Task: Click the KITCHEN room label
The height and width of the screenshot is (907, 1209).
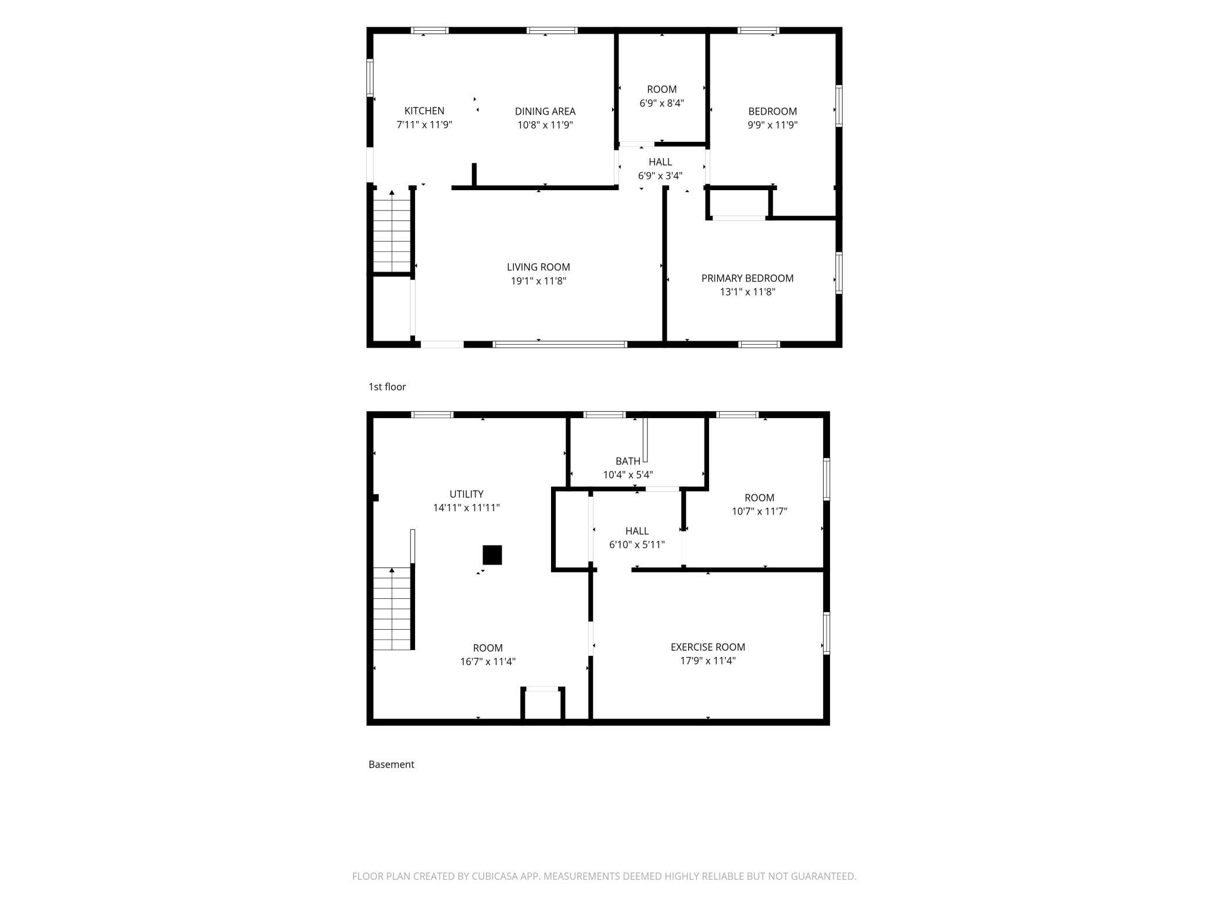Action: tap(424, 110)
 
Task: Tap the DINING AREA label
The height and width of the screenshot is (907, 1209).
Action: tap(545, 111)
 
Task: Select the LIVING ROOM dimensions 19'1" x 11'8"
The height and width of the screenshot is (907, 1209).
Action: tap(538, 281)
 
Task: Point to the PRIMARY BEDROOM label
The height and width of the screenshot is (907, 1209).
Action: tap(747, 278)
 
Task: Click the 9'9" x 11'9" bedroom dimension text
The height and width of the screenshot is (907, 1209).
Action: tap(772, 124)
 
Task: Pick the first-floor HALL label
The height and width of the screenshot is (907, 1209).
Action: tap(660, 162)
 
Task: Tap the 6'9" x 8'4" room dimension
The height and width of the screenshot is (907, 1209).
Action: tap(661, 103)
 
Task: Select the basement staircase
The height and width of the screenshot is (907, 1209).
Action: tap(392, 609)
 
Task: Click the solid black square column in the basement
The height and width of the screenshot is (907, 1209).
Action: tap(492, 555)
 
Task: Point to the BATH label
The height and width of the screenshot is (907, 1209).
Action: tap(628, 461)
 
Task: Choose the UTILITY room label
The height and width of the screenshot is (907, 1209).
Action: tap(466, 494)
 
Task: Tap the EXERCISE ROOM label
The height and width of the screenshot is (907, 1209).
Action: tap(707, 647)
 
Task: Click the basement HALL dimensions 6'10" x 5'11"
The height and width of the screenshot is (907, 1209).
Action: tap(636, 544)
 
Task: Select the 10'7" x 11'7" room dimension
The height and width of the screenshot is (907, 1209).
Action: tap(759, 511)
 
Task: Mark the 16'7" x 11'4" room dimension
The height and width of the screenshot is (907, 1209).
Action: tap(488, 661)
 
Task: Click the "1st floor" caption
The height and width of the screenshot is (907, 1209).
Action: tap(387, 387)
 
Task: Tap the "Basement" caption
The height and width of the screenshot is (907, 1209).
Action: tap(391, 764)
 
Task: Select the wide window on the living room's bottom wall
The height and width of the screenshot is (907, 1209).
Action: tap(560, 344)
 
